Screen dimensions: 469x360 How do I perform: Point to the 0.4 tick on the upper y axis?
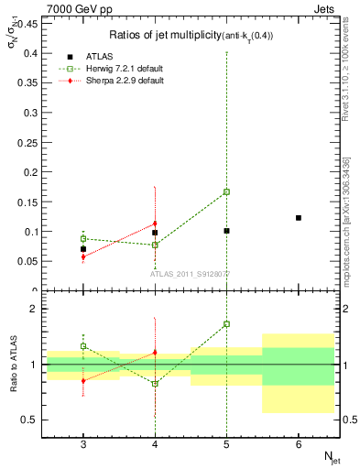pos(27,54)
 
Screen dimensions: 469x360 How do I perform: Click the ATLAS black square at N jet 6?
pos(299,218)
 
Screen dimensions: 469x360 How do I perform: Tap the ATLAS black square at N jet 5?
pos(226,231)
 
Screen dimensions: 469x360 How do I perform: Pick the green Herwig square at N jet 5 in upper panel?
pos(226,191)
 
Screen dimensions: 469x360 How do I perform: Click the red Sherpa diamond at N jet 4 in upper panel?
pos(155,224)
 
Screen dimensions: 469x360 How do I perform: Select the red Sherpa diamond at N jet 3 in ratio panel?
pos(83,380)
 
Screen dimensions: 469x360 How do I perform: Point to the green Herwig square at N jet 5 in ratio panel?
pos(226,323)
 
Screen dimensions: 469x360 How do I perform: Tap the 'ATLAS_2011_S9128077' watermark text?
pos(191,273)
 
